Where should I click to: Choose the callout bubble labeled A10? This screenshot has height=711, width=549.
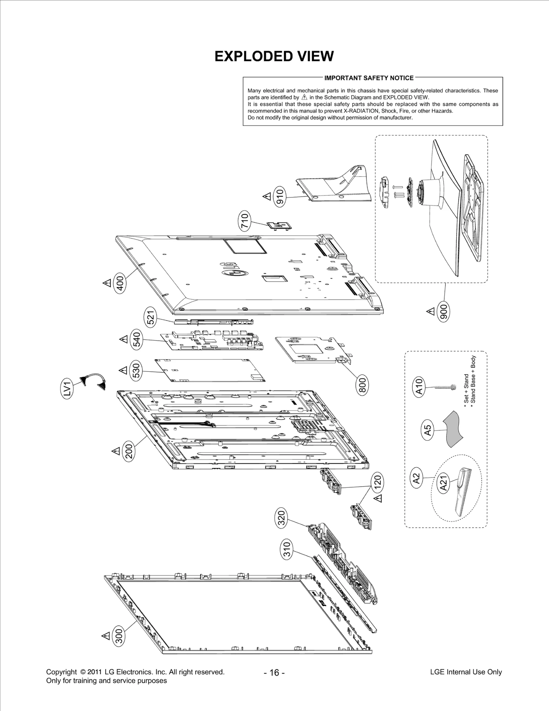[x=419, y=387]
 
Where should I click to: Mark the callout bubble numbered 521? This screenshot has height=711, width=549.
[x=151, y=317]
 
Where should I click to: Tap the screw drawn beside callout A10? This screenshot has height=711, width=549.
[x=445, y=387]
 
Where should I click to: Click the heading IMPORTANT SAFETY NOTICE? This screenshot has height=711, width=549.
[x=369, y=78]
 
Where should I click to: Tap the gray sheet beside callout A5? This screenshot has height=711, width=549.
[x=453, y=429]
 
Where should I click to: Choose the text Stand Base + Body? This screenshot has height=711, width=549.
[x=474, y=380]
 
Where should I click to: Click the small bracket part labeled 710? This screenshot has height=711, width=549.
[x=280, y=226]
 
